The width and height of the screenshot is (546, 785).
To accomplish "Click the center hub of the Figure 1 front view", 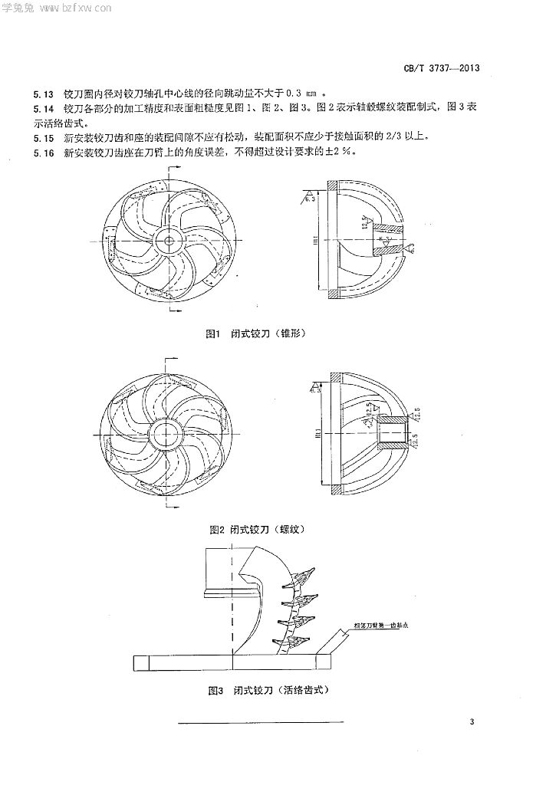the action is [166, 240].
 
